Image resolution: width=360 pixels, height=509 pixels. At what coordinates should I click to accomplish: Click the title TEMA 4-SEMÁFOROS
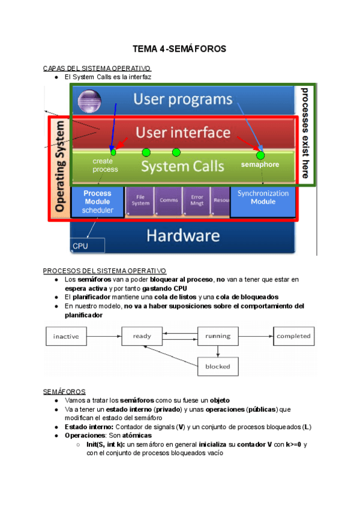pyautogui.click(x=179, y=49)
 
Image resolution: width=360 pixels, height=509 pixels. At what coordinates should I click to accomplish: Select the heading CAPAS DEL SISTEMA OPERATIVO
pyautogui.click(x=97, y=68)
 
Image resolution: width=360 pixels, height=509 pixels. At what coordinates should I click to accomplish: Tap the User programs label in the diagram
pyautogui.click(x=182, y=99)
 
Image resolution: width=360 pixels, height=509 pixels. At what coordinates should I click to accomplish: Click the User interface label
pyautogui.click(x=182, y=133)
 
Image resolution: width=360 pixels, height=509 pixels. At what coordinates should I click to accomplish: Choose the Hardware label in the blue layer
pyautogui.click(x=182, y=235)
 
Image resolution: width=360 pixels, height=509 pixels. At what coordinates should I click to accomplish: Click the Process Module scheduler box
pyautogui.click(x=97, y=202)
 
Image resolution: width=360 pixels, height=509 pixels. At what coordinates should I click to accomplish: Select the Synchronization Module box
pyautogui.click(x=263, y=198)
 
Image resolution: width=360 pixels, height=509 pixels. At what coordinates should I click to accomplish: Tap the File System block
pyautogui.click(x=139, y=200)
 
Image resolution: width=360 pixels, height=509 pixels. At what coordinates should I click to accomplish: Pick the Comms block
pyautogui.click(x=169, y=200)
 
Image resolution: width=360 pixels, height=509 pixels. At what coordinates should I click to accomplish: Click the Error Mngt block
pyautogui.click(x=197, y=200)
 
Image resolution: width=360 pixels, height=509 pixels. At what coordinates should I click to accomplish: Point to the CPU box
pyautogui.click(x=87, y=245)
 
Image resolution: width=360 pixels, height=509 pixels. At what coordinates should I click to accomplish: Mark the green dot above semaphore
pyautogui.click(x=260, y=155)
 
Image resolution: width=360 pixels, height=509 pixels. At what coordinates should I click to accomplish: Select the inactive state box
pyautogui.click(x=66, y=336)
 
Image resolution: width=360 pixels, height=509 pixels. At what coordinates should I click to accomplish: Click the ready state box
pyautogui.click(x=142, y=336)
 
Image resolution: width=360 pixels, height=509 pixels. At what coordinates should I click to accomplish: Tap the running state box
pyautogui.click(x=218, y=336)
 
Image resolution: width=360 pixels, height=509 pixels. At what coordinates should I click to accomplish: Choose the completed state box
pyautogui.click(x=293, y=336)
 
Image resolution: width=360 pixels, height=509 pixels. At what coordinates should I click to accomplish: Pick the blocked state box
pyautogui.click(x=218, y=366)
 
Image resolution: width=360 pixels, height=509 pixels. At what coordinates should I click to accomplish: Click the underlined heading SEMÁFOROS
pyautogui.click(x=64, y=391)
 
